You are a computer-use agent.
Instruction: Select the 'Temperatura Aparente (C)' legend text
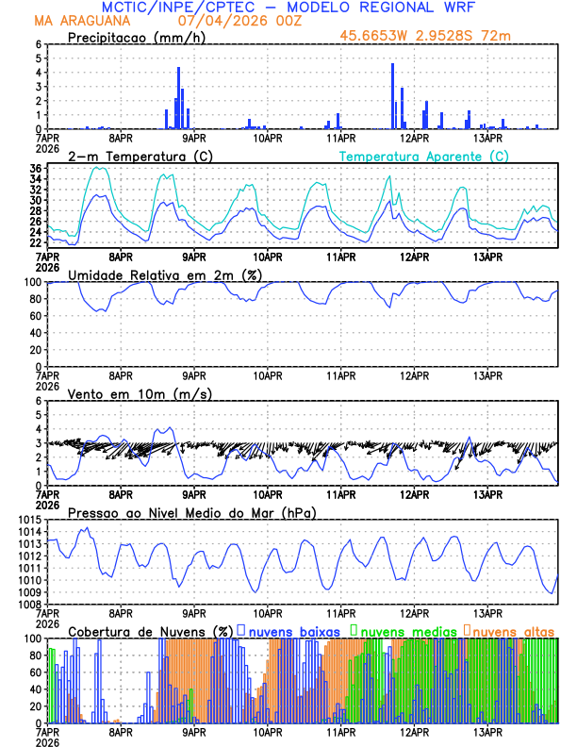pyautogui.click(x=423, y=157)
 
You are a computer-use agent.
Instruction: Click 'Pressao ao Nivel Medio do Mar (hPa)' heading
pyautogui.click(x=191, y=512)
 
